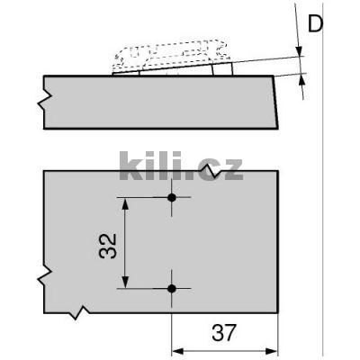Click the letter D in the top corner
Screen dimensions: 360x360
(x=314, y=23)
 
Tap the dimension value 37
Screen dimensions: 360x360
(x=225, y=332)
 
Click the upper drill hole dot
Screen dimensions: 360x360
(x=172, y=197)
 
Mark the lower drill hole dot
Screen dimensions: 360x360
(x=172, y=288)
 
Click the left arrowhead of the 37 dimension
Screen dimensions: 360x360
(x=176, y=350)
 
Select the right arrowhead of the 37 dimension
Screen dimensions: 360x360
(x=273, y=350)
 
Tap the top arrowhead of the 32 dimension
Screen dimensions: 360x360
(x=127, y=202)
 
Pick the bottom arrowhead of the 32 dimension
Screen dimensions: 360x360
(x=127, y=283)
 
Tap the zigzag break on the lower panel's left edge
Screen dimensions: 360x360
(x=42, y=279)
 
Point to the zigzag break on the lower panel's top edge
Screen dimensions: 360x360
(x=211, y=169)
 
